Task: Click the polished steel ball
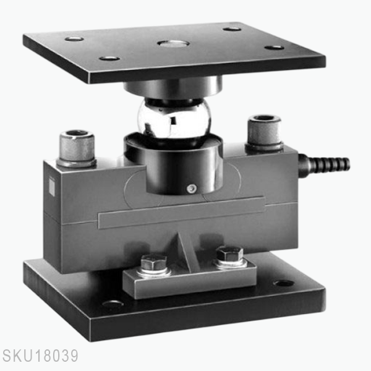point(174,119)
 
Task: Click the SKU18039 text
point(40,357)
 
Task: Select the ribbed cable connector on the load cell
point(324,164)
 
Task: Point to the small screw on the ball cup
point(192,188)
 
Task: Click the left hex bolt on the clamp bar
point(153,263)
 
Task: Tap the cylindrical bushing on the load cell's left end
point(77,148)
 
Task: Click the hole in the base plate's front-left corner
point(113,304)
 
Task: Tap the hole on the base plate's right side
point(283,283)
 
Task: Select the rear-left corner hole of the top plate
point(74,39)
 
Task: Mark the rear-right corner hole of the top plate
point(232,28)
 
